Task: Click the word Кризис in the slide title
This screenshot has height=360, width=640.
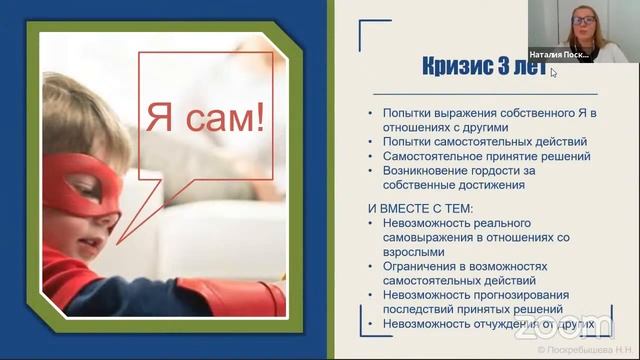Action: (x=444, y=68)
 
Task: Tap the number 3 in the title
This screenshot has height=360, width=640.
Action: (x=497, y=68)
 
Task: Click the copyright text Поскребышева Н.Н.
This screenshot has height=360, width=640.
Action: (x=590, y=352)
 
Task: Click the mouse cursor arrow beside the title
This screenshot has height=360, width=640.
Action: (x=552, y=72)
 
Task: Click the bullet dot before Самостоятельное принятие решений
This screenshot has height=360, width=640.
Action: (x=372, y=156)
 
